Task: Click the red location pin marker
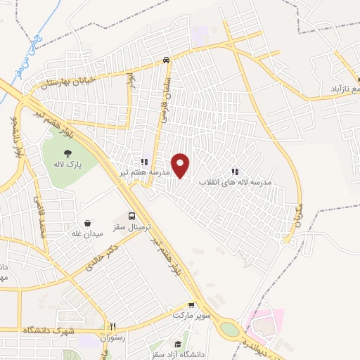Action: [x=181, y=165]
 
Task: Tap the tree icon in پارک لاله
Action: [x=67, y=154]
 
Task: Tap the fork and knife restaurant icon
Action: [x=112, y=326]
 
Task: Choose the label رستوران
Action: [x=112, y=337]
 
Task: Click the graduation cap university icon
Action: [x=179, y=345]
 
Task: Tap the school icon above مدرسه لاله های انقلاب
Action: [x=235, y=171]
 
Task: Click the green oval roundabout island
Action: [x=229, y=329]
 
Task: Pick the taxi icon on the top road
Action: [x=166, y=60]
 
